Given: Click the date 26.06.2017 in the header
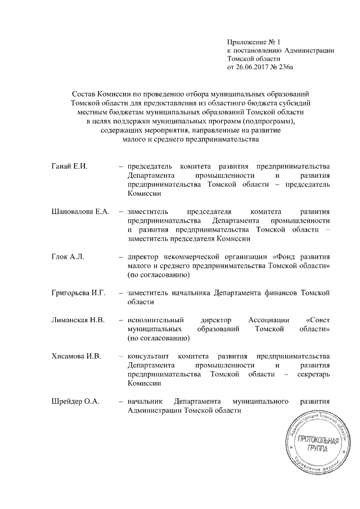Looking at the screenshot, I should (252, 67).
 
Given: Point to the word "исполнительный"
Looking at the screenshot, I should (156, 320).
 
